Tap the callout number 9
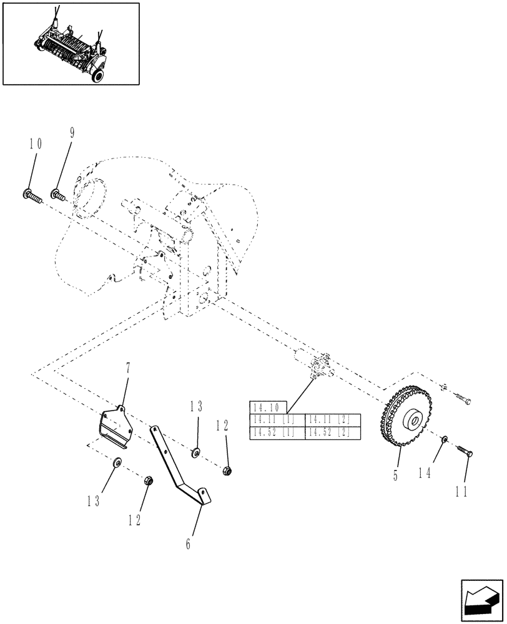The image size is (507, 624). pyautogui.click(x=71, y=132)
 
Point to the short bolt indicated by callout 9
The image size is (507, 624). pyautogui.click(x=58, y=195)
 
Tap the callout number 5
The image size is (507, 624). pyautogui.click(x=395, y=474)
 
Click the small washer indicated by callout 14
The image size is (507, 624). pyautogui.click(x=443, y=441)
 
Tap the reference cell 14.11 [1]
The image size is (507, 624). pyautogui.click(x=277, y=420)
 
